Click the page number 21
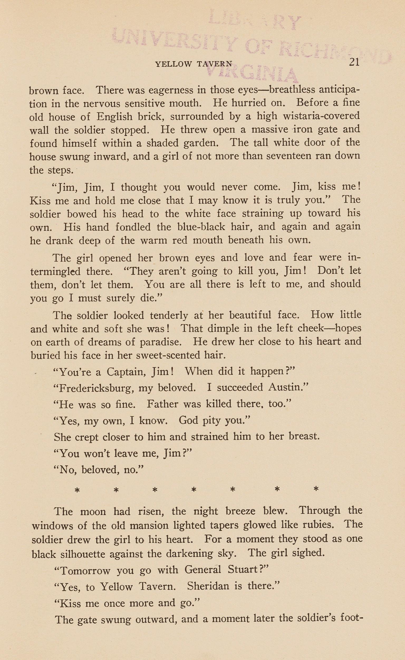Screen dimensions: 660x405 click(x=354, y=62)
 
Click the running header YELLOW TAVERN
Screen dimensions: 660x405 click(x=194, y=64)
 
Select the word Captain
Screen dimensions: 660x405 click(x=126, y=372)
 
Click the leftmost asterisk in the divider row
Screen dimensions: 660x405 click(x=77, y=490)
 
